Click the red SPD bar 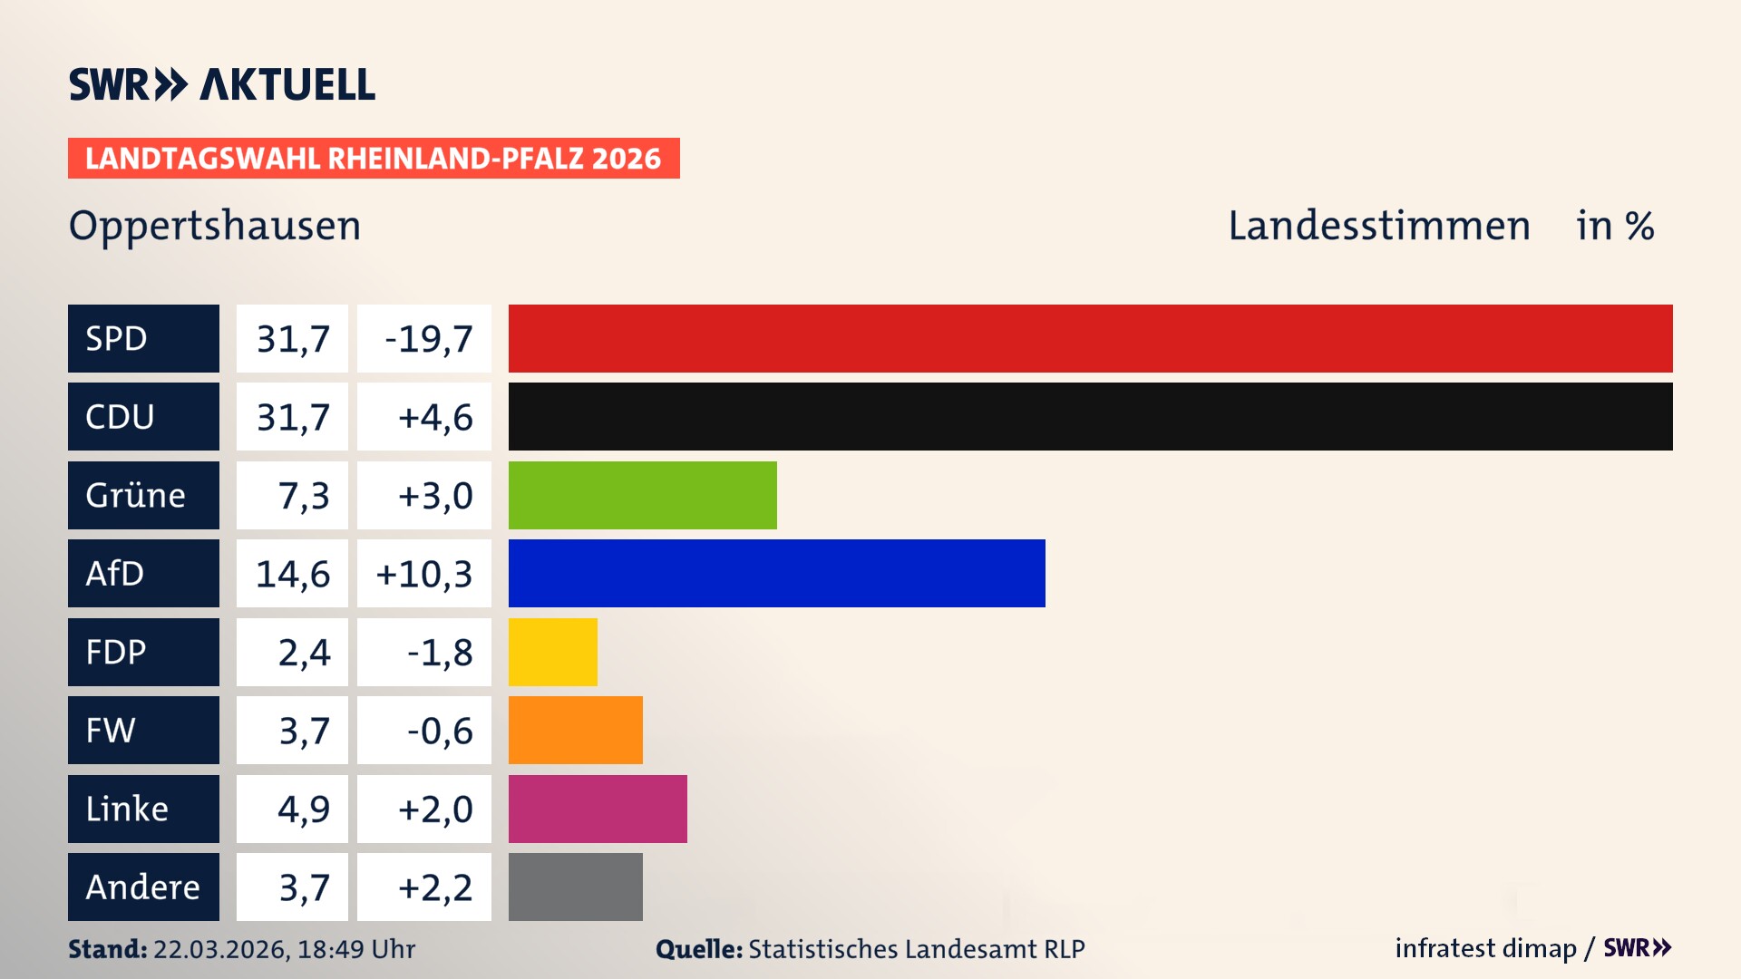[1090, 338]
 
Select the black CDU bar [1090, 416]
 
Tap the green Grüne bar [642, 495]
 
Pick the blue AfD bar [776, 573]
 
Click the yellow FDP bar [552, 652]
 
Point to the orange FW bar [575, 730]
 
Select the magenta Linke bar [598, 809]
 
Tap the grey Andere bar [575, 887]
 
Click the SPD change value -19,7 [428, 339]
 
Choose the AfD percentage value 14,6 [292, 574]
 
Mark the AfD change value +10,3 [423, 574]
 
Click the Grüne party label [136, 495]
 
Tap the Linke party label [127, 809]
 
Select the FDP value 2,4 [304, 652]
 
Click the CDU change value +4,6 [434, 417]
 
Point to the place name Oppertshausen [215, 226]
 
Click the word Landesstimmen [1378, 226]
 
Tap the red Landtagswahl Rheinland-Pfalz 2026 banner [373, 159]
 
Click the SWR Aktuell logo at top [221, 84]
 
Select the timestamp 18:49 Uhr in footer [355, 949]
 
